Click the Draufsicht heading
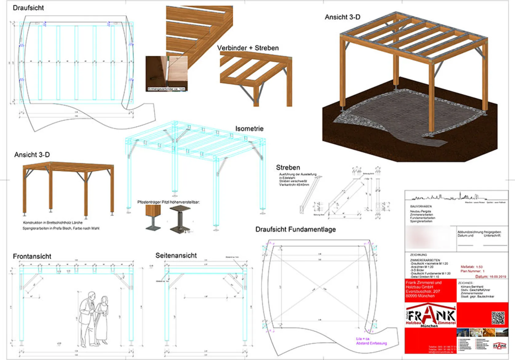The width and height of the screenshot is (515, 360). point(28,8)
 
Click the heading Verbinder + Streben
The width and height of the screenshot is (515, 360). point(248,48)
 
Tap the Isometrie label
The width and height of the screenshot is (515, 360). point(249,129)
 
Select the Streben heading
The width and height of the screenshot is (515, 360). point(288,168)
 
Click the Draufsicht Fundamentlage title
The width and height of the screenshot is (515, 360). point(295,229)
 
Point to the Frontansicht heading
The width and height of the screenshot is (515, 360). point(32,256)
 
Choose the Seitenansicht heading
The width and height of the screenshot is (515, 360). point(176,256)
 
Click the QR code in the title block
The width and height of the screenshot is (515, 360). point(498,318)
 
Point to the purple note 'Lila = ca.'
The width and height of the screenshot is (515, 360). point(363,339)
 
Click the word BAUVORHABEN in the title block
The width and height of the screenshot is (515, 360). point(421,206)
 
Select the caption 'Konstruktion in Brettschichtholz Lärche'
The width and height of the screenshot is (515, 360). point(53,222)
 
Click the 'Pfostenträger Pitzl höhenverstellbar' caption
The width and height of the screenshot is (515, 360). point(168,202)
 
